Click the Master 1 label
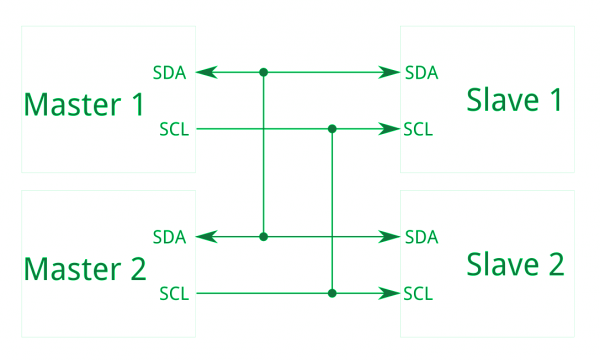85,104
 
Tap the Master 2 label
85,268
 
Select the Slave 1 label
515,100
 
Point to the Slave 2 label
515,264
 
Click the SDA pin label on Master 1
171,72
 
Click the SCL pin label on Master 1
172,129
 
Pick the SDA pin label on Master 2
171,237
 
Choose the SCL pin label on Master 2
172,294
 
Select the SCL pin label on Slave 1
419,129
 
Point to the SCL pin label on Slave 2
419,294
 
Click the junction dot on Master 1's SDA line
264,72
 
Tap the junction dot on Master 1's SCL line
332,129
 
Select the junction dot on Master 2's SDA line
264,237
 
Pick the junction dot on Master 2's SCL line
332,294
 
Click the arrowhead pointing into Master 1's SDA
205,72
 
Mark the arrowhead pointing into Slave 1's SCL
393,129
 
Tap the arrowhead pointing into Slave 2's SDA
393,237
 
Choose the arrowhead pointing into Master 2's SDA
205,237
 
